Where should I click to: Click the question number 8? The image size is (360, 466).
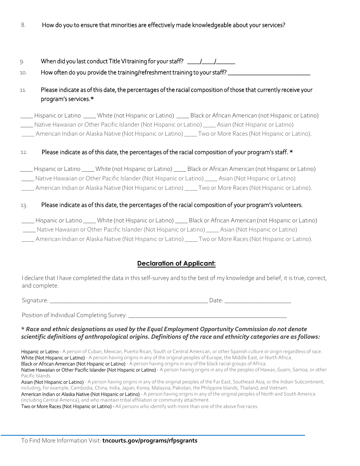(23, 25)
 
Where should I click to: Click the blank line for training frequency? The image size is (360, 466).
(269, 73)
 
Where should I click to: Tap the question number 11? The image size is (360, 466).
(23, 90)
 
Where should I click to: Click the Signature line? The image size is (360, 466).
(128, 301)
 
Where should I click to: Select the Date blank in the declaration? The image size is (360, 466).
(258, 301)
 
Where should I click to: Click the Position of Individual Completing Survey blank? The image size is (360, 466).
(208, 316)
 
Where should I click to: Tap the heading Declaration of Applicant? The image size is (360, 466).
(176, 264)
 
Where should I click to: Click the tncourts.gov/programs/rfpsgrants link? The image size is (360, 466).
(150, 441)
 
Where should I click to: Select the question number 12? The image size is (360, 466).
(24, 152)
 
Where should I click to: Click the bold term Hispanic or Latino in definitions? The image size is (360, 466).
(40, 352)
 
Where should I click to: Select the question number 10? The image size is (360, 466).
(23, 73)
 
